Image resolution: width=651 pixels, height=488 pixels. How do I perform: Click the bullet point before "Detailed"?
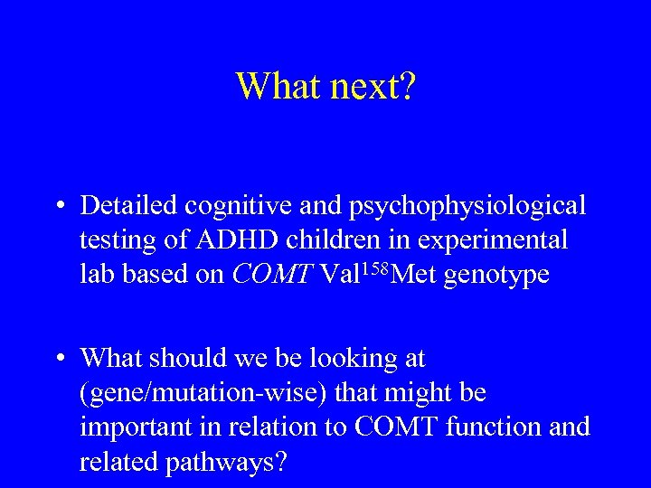pyautogui.click(x=58, y=206)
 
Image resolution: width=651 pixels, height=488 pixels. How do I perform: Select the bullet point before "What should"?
pyautogui.click(x=58, y=359)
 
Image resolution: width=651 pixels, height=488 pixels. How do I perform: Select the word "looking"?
pyautogui.click(x=344, y=360)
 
